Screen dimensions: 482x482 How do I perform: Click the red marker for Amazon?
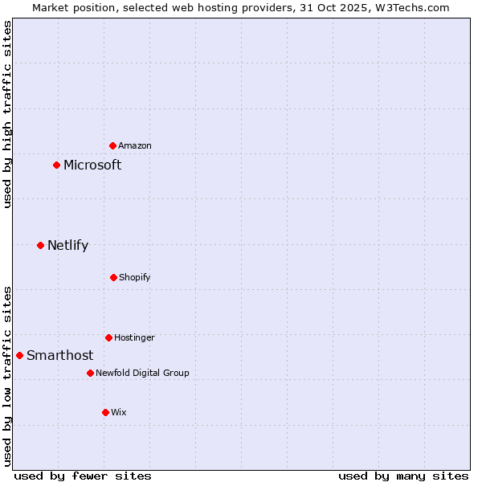[x=113, y=145]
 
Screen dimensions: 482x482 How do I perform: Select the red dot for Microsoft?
[x=57, y=165]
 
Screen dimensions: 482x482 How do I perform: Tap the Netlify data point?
[x=41, y=245]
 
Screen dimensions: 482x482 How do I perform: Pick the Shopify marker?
[x=113, y=277]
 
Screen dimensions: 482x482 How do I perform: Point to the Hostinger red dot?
[x=108, y=337]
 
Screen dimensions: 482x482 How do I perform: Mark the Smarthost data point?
[x=20, y=355]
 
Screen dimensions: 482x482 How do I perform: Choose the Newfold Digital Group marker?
[x=90, y=373]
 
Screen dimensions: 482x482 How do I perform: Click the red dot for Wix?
[x=105, y=412]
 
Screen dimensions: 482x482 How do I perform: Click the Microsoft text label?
[x=92, y=165]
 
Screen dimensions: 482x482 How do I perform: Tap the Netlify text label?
[x=67, y=246]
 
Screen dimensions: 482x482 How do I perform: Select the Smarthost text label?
[x=59, y=356]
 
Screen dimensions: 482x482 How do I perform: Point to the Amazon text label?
[x=135, y=146]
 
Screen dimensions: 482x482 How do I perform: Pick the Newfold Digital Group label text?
[x=142, y=373]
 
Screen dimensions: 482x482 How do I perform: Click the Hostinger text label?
[x=134, y=338]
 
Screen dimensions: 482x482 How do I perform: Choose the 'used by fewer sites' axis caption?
[x=83, y=476]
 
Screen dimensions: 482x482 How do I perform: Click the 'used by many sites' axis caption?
[x=403, y=476]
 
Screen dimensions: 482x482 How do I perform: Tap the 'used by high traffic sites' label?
[x=8, y=114]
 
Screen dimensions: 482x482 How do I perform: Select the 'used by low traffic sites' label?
[x=8, y=375]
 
